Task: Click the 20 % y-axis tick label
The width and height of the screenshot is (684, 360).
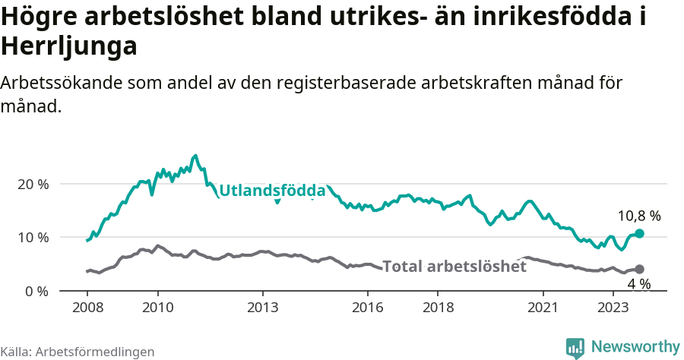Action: tap(33, 185)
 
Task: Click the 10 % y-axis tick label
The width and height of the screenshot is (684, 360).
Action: tap(33, 238)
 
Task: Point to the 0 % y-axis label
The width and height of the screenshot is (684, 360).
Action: tap(36, 291)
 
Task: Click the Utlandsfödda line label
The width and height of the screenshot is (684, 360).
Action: tap(272, 191)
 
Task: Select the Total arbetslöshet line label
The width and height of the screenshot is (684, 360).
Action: tap(454, 267)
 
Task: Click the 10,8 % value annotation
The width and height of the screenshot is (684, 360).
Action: tap(638, 216)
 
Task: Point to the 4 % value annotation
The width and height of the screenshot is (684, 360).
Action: tap(638, 284)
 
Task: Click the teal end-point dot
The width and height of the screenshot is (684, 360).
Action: tap(639, 233)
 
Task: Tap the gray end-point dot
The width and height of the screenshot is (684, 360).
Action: tap(639, 269)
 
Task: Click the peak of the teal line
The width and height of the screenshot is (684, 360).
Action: tap(195, 156)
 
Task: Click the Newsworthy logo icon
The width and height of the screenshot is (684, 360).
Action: tap(575, 348)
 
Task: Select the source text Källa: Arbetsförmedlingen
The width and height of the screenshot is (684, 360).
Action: tap(78, 352)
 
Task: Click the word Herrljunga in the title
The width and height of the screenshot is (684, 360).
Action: tap(69, 46)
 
